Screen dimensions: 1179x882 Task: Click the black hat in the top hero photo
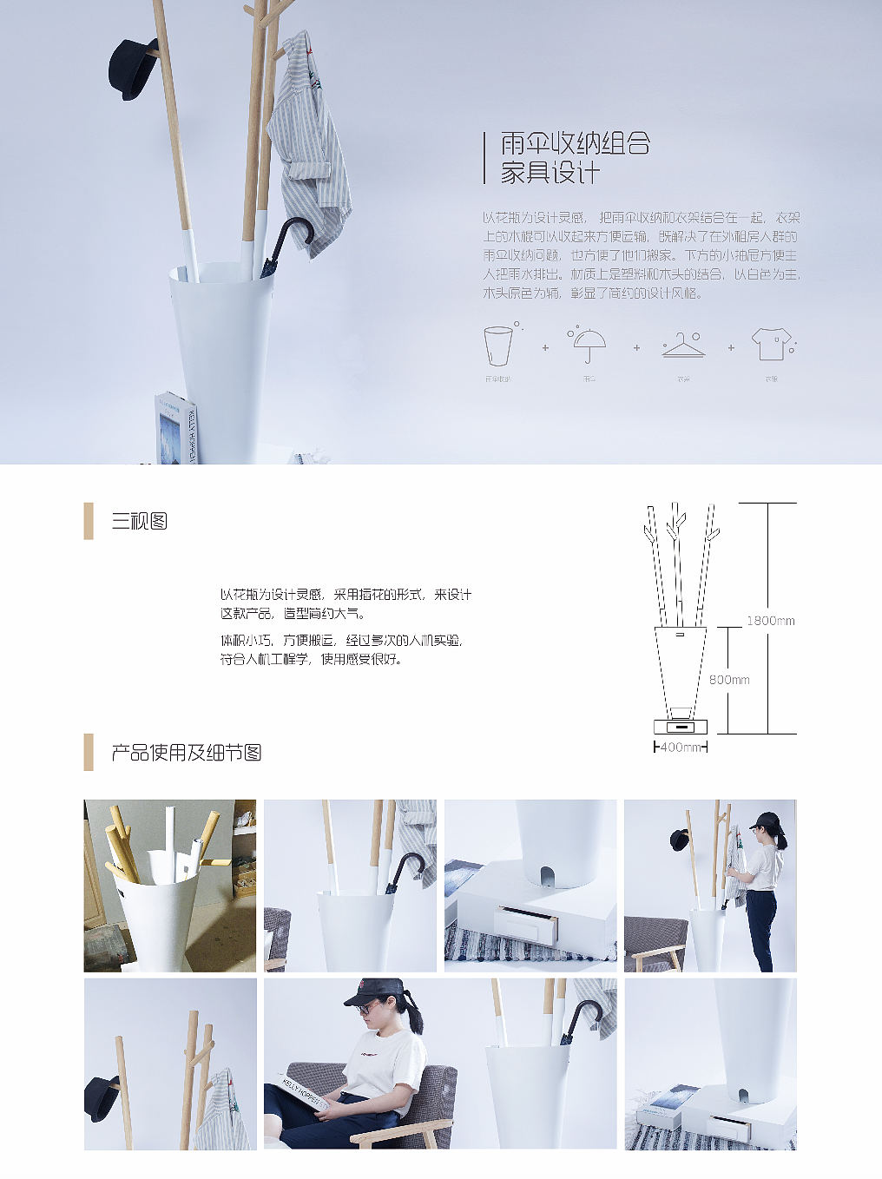click(133, 69)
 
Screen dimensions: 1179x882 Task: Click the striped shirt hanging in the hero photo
click(307, 143)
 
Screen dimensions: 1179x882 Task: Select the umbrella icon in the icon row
click(589, 345)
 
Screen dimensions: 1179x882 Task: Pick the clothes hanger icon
click(684, 346)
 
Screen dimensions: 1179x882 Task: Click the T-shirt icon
click(771, 344)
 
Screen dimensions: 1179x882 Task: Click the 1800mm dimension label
click(770, 621)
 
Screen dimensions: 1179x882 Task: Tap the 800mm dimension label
click(729, 680)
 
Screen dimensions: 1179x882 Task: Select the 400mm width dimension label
click(680, 748)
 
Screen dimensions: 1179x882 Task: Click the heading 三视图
click(139, 521)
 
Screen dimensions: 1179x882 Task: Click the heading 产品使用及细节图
click(187, 753)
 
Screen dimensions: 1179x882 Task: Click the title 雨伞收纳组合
click(575, 143)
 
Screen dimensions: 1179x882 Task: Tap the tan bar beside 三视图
click(89, 521)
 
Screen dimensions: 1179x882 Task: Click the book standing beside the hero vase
click(176, 430)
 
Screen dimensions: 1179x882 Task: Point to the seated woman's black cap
click(375, 991)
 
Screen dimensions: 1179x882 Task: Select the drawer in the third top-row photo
click(526, 922)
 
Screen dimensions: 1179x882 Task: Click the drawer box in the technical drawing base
click(681, 726)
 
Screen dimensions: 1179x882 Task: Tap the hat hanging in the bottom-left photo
click(102, 1097)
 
